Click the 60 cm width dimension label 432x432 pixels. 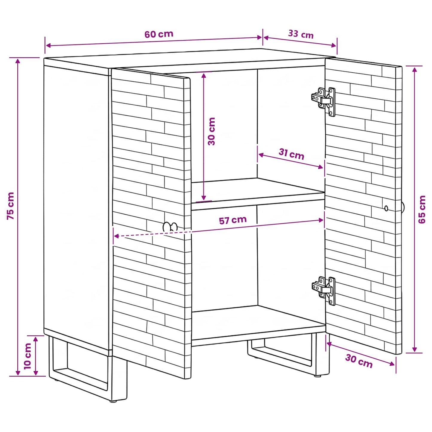159,34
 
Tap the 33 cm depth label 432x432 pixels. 301,34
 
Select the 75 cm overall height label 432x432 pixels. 11,206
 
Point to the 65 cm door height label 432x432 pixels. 422,209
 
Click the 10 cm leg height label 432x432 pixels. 27,356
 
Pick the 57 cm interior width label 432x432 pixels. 233,220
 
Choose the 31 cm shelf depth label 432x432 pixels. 291,154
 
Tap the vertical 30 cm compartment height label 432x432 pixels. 212,131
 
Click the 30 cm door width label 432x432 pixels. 359,361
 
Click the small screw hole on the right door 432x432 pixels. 386,208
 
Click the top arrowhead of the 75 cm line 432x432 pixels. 17,61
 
